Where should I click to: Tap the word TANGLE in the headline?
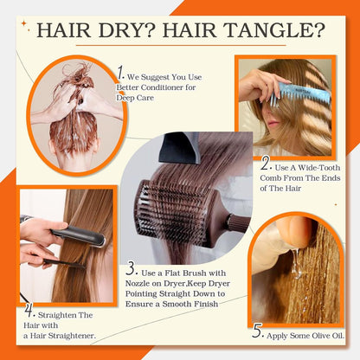pyautogui.click(x=276, y=32)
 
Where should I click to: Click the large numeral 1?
pyautogui.click(x=121, y=73)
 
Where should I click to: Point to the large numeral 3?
pyautogui.click(x=132, y=271)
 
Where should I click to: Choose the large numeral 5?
pyautogui.click(x=258, y=330)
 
